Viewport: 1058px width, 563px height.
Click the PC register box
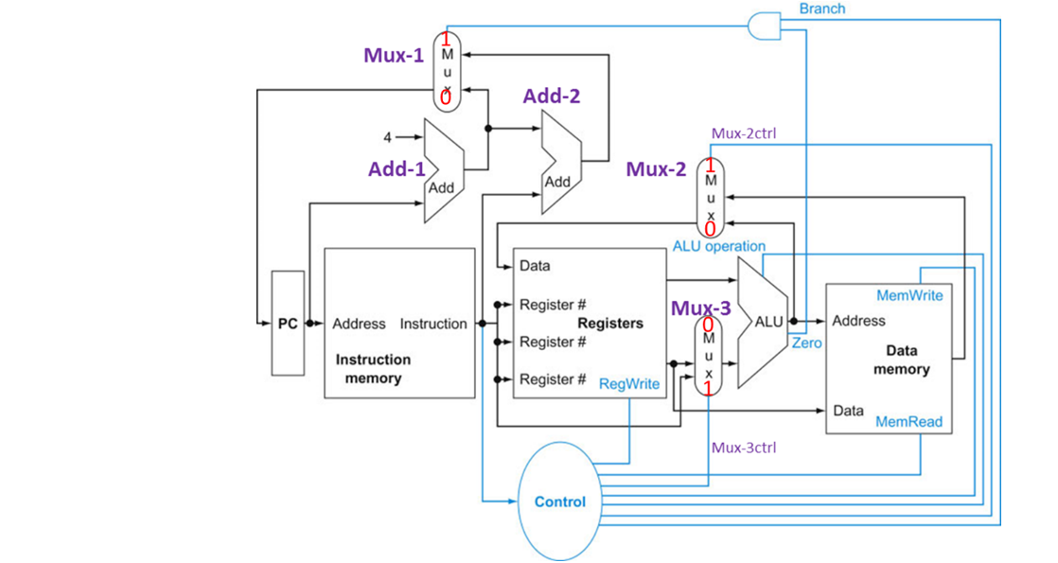pyautogui.click(x=287, y=323)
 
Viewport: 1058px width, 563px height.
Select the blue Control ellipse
pyautogui.click(x=560, y=501)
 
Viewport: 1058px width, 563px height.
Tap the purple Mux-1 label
pyautogui.click(x=394, y=55)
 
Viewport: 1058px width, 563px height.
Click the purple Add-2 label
pyautogui.click(x=552, y=95)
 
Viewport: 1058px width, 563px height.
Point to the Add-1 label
pyautogui.click(x=397, y=168)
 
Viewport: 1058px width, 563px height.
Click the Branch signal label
pyautogui.click(x=821, y=9)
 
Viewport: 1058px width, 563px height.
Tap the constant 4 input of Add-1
pyautogui.click(x=387, y=137)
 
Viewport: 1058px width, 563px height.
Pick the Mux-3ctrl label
pyautogui.click(x=743, y=448)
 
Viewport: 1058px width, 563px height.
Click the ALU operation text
pyautogui.click(x=719, y=246)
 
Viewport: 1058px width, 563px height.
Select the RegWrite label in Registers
pyautogui.click(x=629, y=383)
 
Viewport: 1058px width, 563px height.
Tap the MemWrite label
pyautogui.click(x=909, y=295)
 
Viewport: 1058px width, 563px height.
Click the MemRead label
pyautogui.click(x=909, y=422)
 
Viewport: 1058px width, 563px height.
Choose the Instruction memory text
pyautogui.click(x=373, y=369)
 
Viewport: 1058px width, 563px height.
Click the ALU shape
pyautogui.click(x=765, y=323)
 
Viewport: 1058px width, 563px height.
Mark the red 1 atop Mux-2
pyautogui.click(x=710, y=166)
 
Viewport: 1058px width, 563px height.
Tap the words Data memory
pyautogui.click(x=901, y=360)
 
